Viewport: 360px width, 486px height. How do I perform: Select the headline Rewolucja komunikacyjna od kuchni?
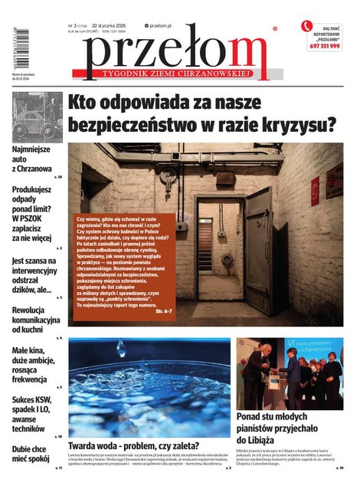(x=35, y=319)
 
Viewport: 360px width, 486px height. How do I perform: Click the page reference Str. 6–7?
(x=164, y=312)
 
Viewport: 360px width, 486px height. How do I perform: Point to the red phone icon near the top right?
(x=308, y=27)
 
